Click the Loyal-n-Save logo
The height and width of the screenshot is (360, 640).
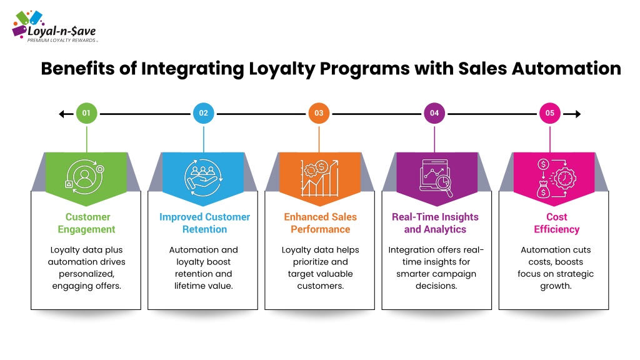point(55,26)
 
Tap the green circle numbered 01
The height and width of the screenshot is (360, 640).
point(86,113)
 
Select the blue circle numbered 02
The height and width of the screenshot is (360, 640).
point(204,113)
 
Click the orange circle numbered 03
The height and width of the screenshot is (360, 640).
point(319,113)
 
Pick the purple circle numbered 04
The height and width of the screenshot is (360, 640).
point(434,113)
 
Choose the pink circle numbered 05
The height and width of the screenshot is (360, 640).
point(550,113)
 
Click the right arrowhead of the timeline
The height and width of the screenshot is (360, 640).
point(577,114)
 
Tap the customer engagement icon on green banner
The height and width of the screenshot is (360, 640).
point(85,177)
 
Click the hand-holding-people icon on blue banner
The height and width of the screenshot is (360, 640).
point(203,177)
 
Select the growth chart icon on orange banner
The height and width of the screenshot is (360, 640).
point(319,178)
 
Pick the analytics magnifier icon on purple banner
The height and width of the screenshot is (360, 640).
point(436,178)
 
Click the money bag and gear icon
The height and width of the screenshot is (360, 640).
point(556,178)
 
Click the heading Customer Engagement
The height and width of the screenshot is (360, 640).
point(87,223)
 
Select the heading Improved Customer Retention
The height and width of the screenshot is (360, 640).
point(204,223)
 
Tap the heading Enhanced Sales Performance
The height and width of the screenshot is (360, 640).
point(321,223)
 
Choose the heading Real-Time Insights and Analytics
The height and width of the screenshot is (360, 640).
point(435,223)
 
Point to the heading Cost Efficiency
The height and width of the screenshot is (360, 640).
point(557,223)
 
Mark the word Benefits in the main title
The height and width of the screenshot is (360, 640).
point(77,69)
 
